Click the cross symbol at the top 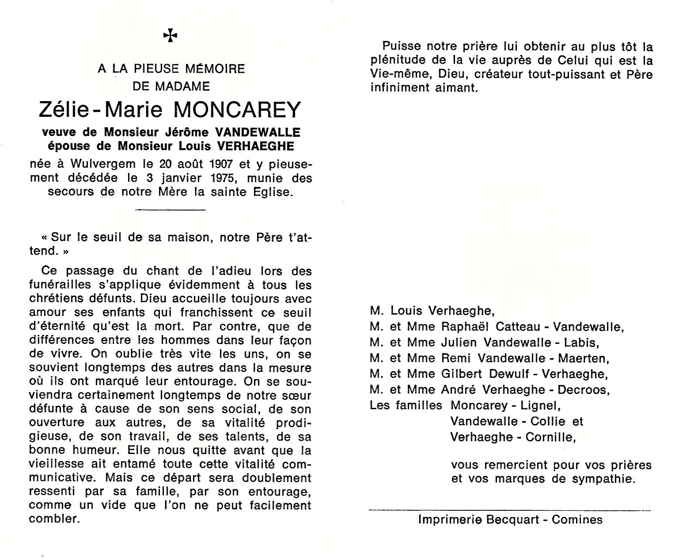[x=170, y=36]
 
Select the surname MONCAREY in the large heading [x=238, y=110]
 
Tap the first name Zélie [x=64, y=110]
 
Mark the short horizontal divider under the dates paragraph [x=170, y=210]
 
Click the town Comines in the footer [x=577, y=520]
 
